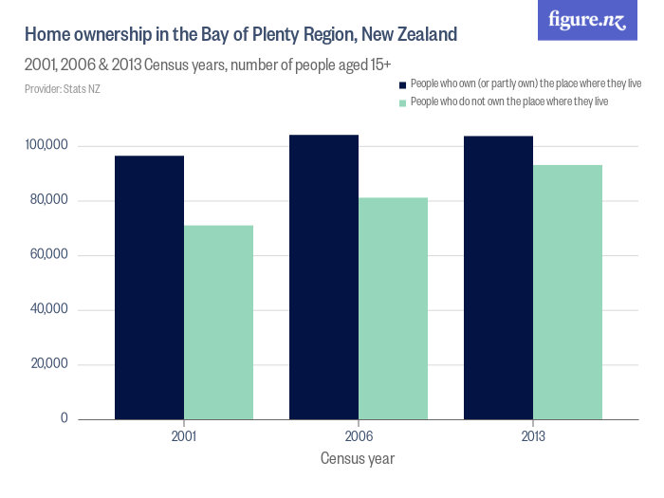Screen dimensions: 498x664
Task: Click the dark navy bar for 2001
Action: pyautogui.click(x=149, y=286)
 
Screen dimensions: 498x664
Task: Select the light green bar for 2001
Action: pyautogui.click(x=218, y=322)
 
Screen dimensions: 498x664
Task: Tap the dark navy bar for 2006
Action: pyautogui.click(x=323, y=276)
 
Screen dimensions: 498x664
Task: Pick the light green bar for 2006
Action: pyautogui.click(x=393, y=307)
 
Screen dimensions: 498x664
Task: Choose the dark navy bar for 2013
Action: pyautogui.click(x=498, y=277)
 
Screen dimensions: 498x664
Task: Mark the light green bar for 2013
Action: pyautogui.click(x=567, y=291)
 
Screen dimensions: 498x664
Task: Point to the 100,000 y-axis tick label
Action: pyautogui.click(x=46, y=146)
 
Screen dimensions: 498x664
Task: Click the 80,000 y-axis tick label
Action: pyautogui.click(x=47, y=200)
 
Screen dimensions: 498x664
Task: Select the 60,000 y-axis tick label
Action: pyautogui.click(x=47, y=255)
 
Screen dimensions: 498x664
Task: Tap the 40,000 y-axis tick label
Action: pyautogui.click(x=47, y=309)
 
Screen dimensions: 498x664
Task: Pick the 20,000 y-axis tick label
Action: pyautogui.click(x=47, y=364)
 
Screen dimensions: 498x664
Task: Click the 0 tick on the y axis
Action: pyautogui.click(x=65, y=418)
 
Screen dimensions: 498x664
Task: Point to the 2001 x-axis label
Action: pyautogui.click(x=184, y=437)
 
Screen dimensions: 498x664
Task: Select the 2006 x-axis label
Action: pyautogui.click(x=359, y=437)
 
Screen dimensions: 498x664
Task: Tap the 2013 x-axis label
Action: pyautogui.click(x=533, y=437)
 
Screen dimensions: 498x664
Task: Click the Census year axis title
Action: pyautogui.click(x=358, y=459)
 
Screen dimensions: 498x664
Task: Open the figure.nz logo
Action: pyautogui.click(x=587, y=21)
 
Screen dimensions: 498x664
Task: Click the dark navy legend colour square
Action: pyautogui.click(x=402, y=84)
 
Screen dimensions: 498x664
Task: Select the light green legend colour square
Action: pyautogui.click(x=402, y=101)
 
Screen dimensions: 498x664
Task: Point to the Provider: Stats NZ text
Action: pyautogui.click(x=62, y=89)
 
